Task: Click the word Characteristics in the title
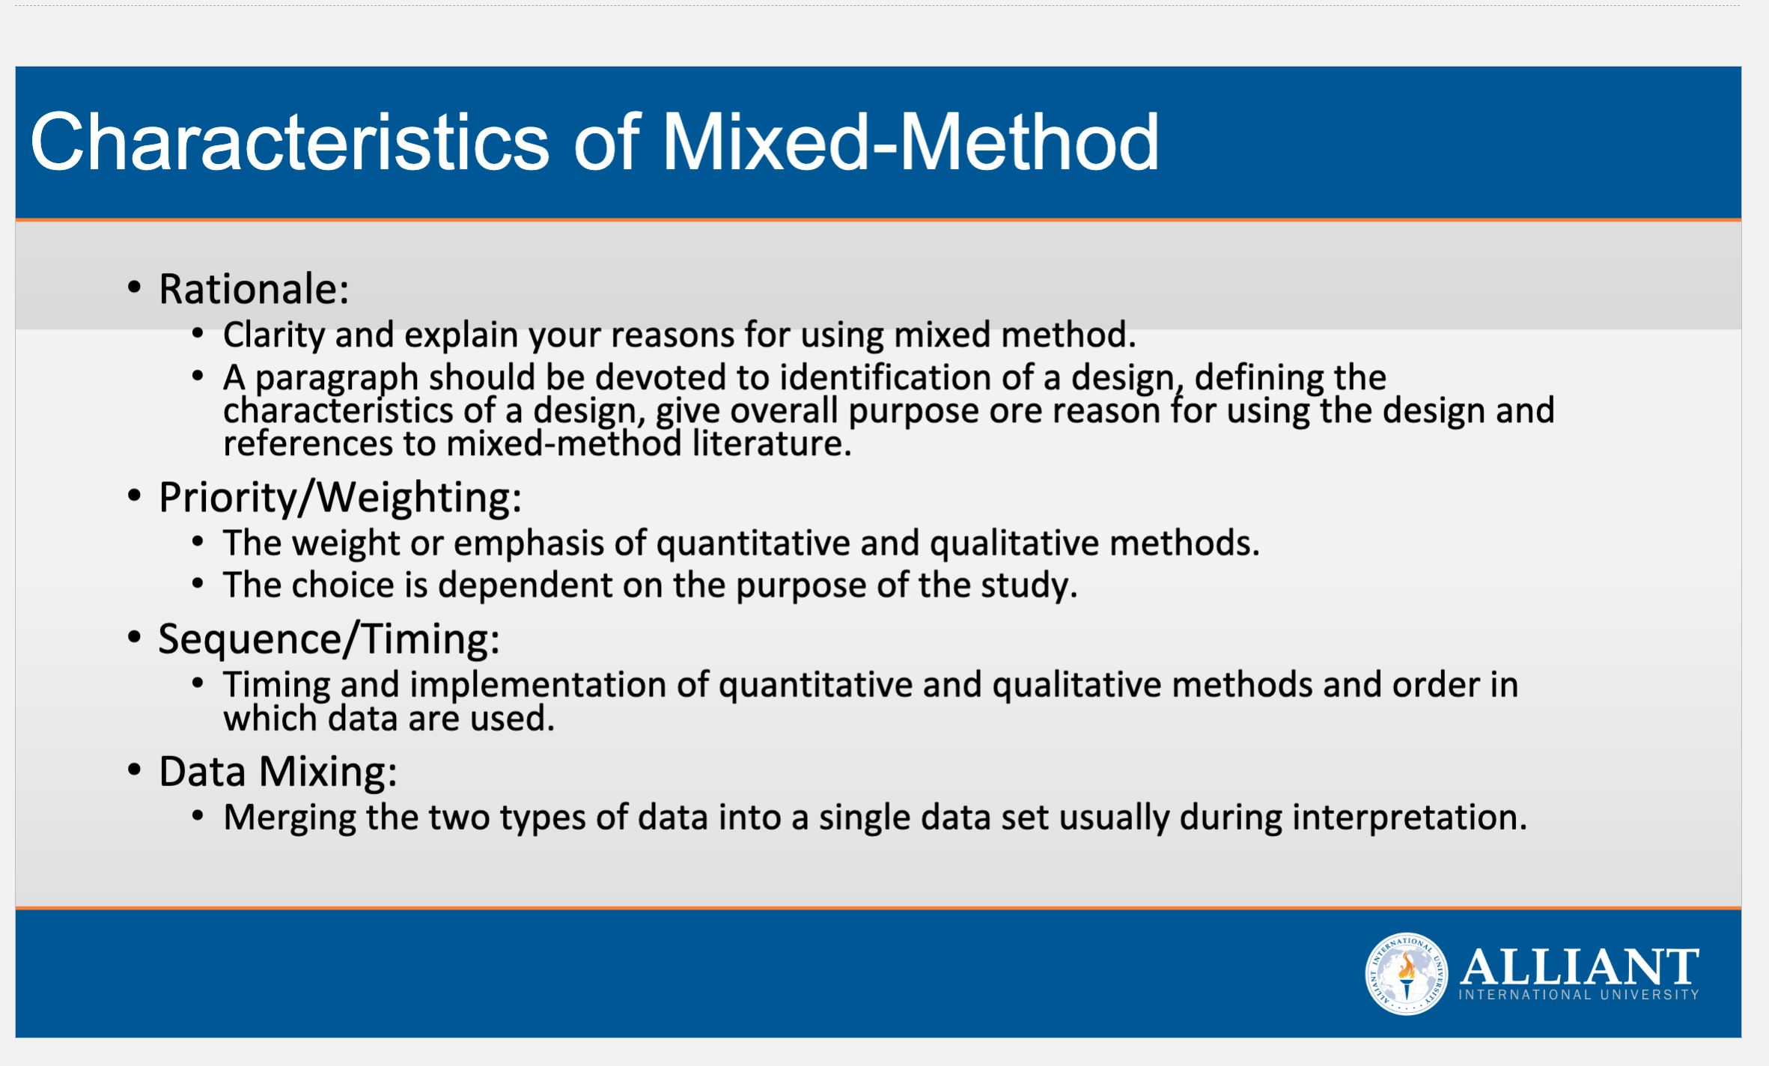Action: [290, 141]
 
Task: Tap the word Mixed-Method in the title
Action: [910, 141]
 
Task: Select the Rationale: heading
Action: [254, 289]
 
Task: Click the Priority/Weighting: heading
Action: [340, 498]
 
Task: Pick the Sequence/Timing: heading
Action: [329, 639]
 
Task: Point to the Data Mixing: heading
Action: [278, 772]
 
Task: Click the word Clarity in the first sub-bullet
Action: [274, 335]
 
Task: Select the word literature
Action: [772, 443]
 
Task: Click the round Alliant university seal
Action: [1407, 974]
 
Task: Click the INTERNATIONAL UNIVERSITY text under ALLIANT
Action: [1579, 995]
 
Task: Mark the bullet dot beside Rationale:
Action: [134, 287]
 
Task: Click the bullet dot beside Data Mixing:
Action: [134, 770]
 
